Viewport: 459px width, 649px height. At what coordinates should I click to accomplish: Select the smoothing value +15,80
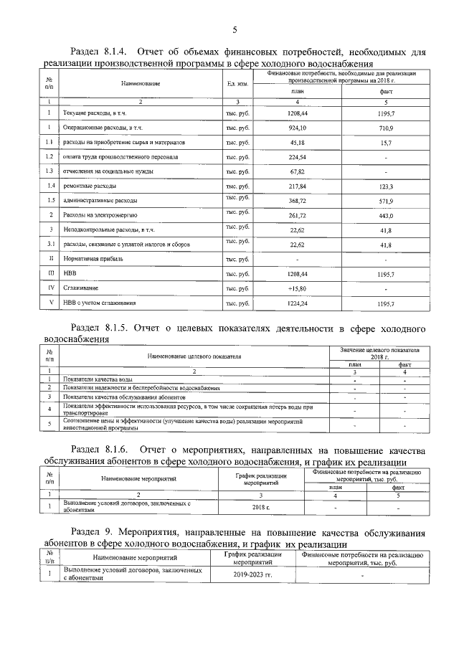point(297,288)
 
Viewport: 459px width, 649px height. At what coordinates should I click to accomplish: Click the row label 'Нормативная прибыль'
point(88,259)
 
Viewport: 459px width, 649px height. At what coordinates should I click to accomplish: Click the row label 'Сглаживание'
point(80,288)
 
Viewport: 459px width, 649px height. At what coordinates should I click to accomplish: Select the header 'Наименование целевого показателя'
point(194,355)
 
